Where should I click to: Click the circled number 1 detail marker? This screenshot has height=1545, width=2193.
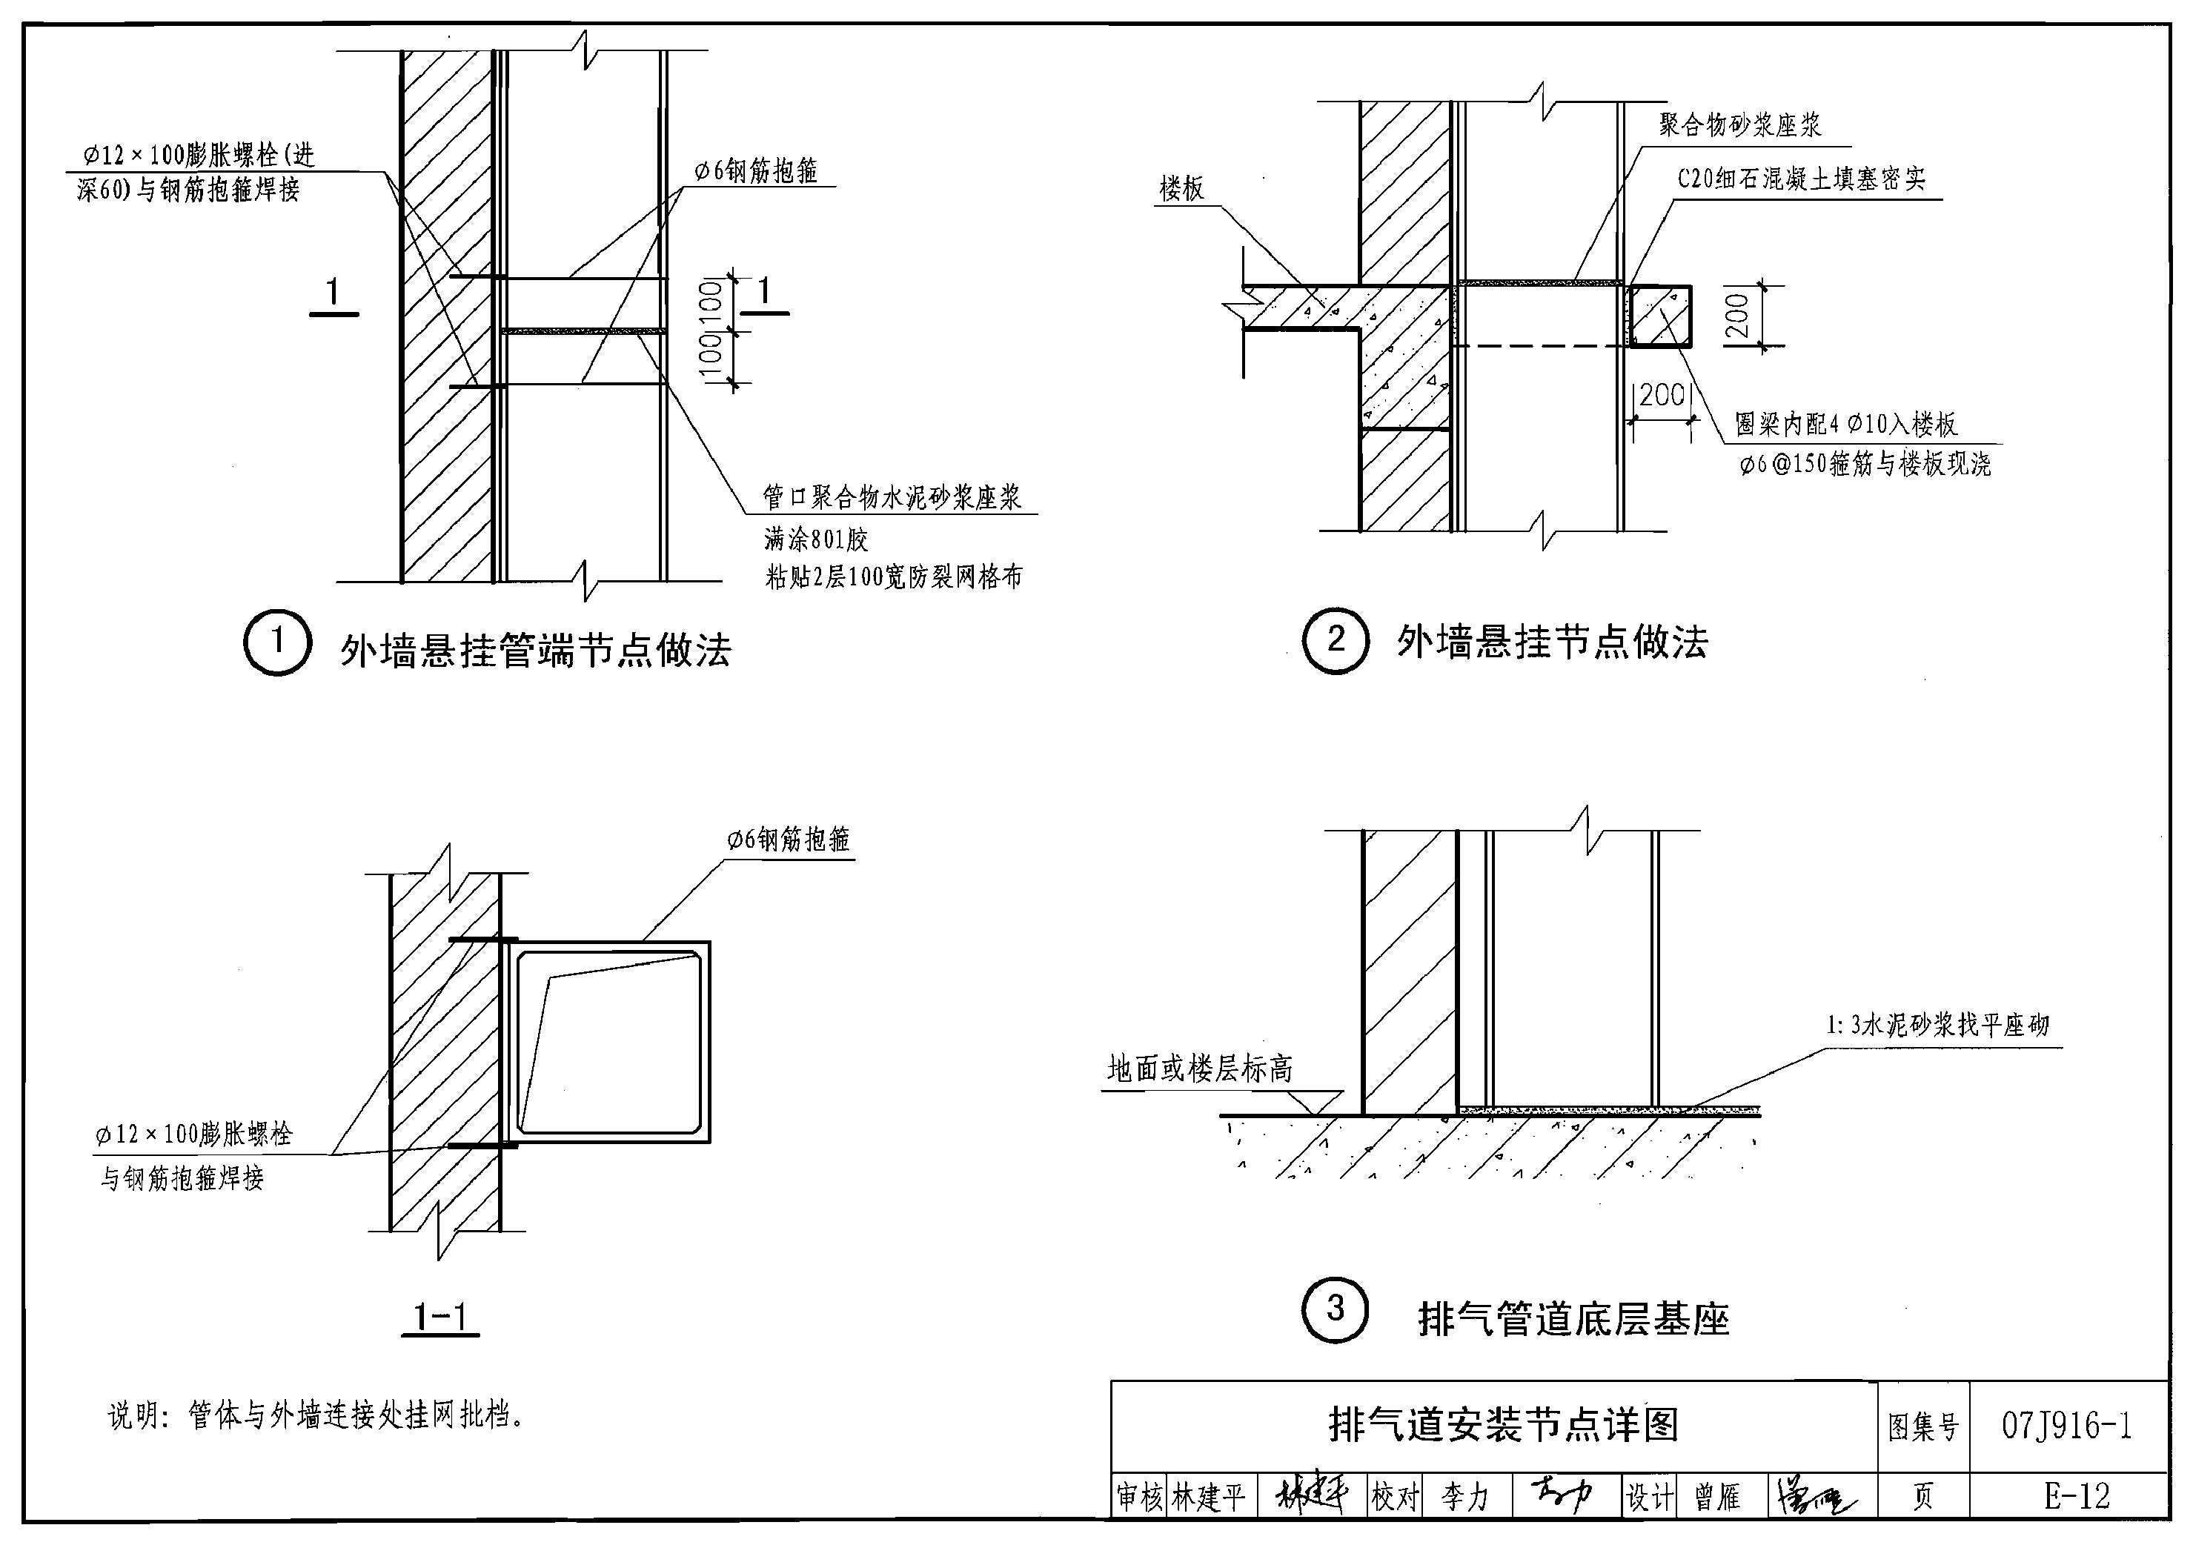click(277, 642)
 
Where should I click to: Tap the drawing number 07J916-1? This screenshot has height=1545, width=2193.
click(2067, 1426)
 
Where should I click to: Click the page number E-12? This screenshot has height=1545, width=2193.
click(2075, 1496)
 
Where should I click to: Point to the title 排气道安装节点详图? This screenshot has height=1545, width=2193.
click(1504, 1426)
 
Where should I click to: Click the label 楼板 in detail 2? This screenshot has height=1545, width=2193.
click(1181, 189)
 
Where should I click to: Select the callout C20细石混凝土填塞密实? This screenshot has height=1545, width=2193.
click(1802, 179)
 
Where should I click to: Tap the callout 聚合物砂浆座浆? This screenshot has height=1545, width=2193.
click(1740, 125)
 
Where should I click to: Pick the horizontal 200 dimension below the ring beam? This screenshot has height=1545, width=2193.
click(1662, 394)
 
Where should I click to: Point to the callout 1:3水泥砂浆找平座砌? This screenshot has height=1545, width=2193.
click(1938, 1026)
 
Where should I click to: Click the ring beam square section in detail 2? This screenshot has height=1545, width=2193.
click(1660, 316)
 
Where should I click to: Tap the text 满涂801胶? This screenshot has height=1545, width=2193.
click(816, 539)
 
